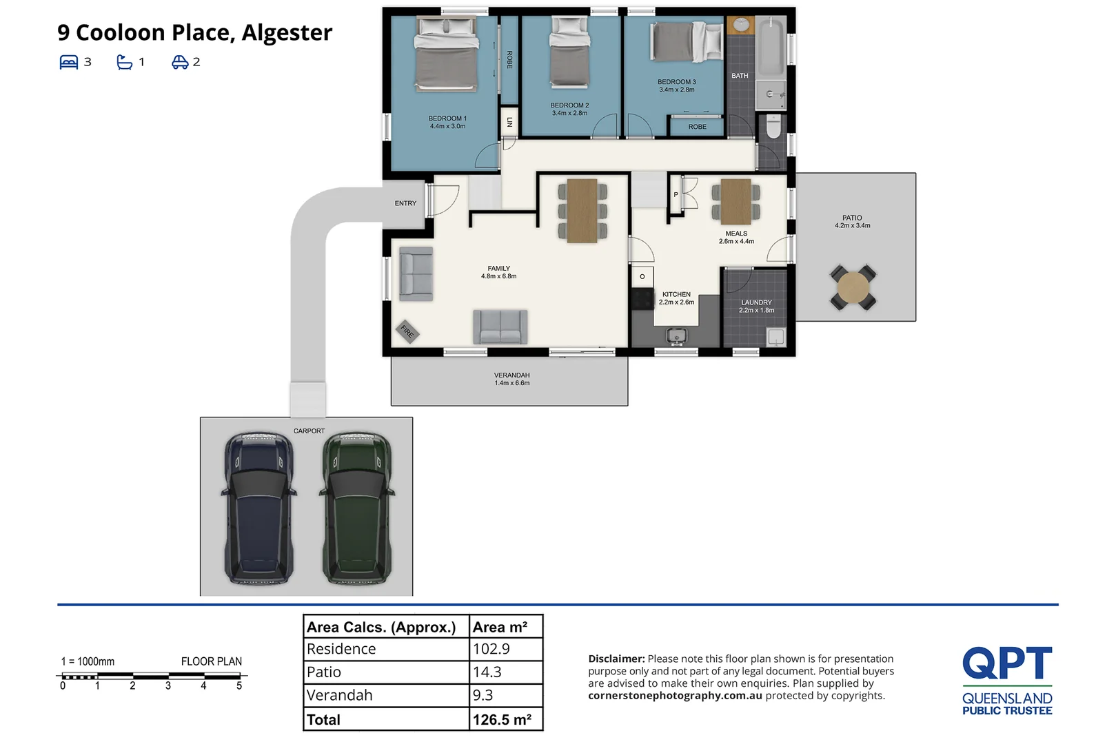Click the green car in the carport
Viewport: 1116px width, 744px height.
[x=357, y=508]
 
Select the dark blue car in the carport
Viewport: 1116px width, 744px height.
[x=258, y=508]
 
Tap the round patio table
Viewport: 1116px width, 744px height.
[x=853, y=287]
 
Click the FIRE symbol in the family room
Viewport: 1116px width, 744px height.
[x=407, y=331]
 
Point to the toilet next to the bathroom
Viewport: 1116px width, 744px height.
[x=773, y=126]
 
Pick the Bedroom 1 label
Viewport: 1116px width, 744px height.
[x=447, y=122]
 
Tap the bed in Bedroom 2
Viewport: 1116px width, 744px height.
[x=570, y=52]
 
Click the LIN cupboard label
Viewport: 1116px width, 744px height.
[x=509, y=122]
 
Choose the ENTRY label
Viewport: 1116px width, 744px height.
[x=405, y=203]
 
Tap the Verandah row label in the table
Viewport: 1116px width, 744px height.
[x=339, y=695]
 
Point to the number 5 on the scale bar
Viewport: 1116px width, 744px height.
[x=239, y=685]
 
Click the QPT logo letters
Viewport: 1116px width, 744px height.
[x=1007, y=663]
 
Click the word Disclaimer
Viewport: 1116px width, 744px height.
[x=616, y=659]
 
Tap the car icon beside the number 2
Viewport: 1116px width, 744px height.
[x=180, y=62]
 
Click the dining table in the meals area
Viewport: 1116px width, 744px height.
[x=736, y=202]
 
